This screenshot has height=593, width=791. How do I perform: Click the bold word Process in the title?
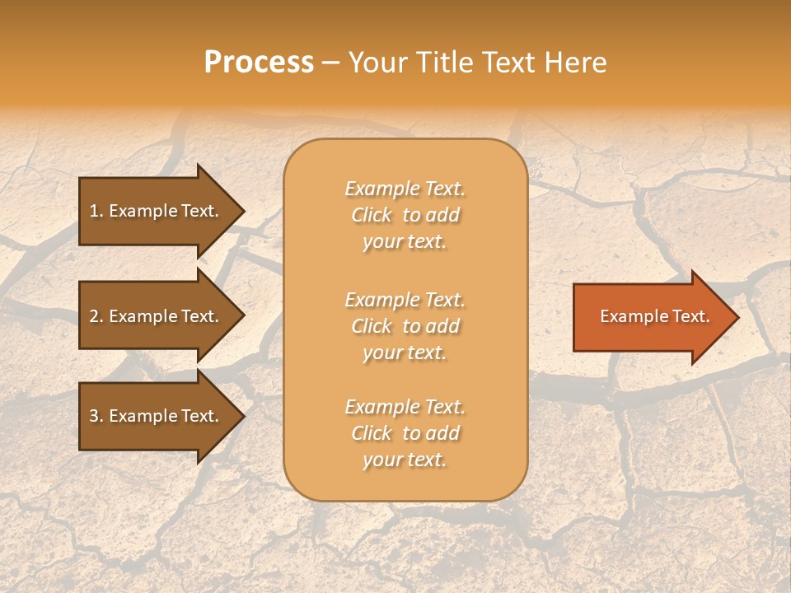pos(259,63)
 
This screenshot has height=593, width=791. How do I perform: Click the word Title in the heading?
pos(445,63)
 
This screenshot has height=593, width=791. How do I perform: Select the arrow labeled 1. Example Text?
pos(157,211)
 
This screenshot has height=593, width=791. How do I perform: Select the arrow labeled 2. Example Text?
pos(157,316)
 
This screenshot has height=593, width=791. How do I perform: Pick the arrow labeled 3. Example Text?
pos(157,416)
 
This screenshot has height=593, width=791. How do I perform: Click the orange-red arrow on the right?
pos(651,316)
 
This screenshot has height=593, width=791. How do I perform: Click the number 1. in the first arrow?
pos(96,211)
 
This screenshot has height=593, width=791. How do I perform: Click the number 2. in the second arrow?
pos(96,316)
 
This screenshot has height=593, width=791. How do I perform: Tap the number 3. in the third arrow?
pos(96,416)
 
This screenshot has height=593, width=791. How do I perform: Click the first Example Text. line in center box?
pos(405,189)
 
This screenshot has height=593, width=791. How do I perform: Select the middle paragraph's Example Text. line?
pos(405,299)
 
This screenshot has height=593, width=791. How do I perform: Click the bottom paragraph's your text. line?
pos(405,460)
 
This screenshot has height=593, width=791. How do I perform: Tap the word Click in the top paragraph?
pos(372,215)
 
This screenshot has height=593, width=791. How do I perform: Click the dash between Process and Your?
pos(330,63)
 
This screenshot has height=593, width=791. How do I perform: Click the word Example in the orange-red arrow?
pos(630,316)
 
